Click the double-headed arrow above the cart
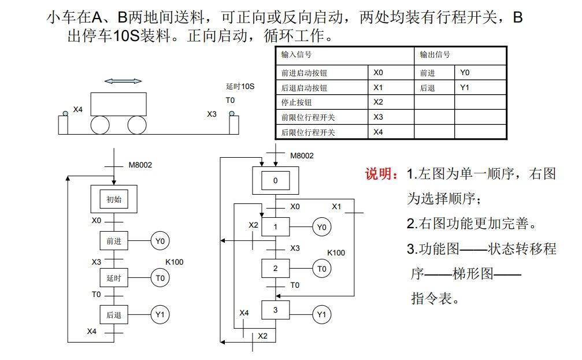pyautogui.click(x=123, y=81)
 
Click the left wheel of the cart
pyautogui.click(x=101, y=125)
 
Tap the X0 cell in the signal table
pyautogui.click(x=379, y=73)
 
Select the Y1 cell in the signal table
pyautogui.click(x=465, y=88)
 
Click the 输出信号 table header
pyautogui.click(x=435, y=55)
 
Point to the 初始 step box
pyautogui.click(x=114, y=200)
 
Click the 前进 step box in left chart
pyautogui.click(x=114, y=241)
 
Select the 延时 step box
pyautogui.click(x=114, y=278)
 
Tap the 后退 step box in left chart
pyautogui.click(x=114, y=315)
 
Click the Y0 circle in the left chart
pyautogui.click(x=160, y=241)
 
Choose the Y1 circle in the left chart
pyautogui.click(x=160, y=315)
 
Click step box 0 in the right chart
pyautogui.click(x=275, y=181)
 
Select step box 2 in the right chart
pyautogui.click(x=275, y=268)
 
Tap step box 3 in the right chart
pyautogui.click(x=275, y=310)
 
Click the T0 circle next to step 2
pyautogui.click(x=322, y=268)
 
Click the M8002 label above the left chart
pyautogui.click(x=140, y=165)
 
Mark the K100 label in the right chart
pyautogui.click(x=336, y=253)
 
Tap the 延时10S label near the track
pyautogui.click(x=240, y=87)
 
